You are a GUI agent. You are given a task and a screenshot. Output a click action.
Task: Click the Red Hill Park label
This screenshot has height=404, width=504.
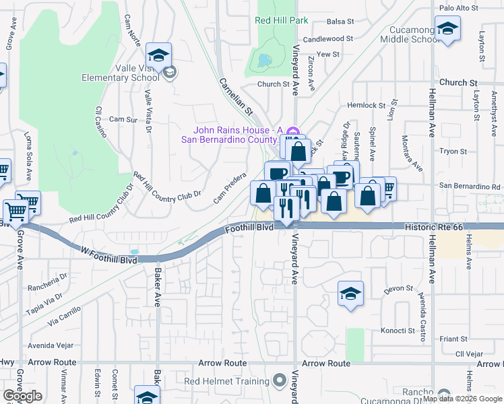point(281,20)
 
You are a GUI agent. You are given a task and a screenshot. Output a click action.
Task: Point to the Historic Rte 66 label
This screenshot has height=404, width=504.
point(434,228)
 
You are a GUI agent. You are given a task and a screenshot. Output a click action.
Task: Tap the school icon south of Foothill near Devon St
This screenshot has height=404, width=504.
point(350,294)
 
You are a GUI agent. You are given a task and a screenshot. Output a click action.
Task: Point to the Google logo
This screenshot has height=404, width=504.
point(22,396)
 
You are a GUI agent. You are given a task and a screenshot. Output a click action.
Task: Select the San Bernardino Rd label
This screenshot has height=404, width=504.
point(470,186)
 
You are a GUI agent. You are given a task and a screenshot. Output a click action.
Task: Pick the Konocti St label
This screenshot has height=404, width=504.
point(398,331)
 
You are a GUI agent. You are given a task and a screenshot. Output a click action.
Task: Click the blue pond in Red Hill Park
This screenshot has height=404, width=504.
point(261,61)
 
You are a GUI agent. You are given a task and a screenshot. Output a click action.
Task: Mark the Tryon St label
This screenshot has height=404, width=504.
point(448,151)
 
